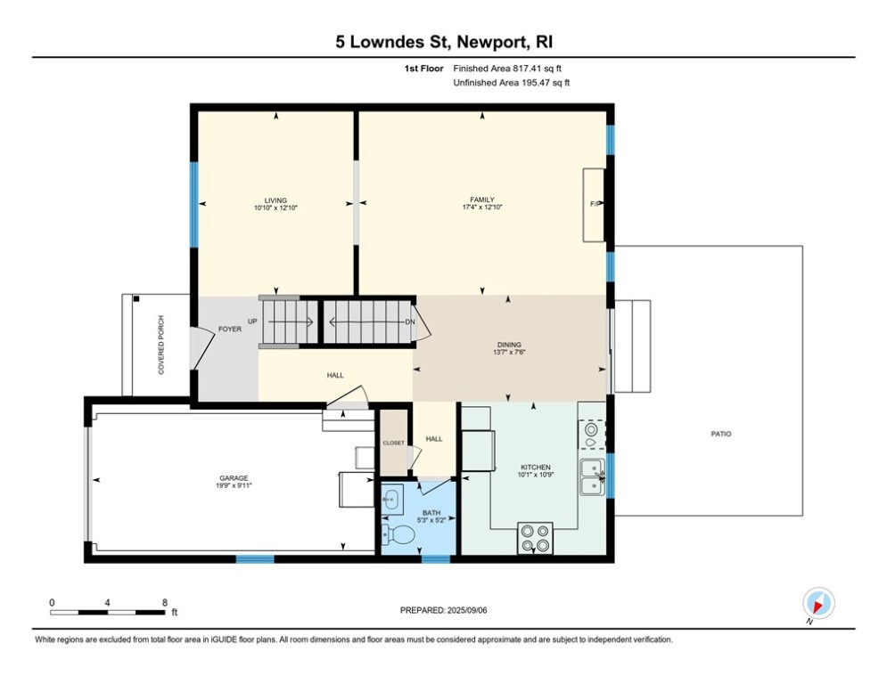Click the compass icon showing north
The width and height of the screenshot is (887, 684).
(x=817, y=603)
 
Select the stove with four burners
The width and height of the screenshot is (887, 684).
(x=536, y=538)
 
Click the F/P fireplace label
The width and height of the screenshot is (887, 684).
(x=595, y=205)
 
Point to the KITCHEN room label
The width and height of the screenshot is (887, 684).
(x=536, y=467)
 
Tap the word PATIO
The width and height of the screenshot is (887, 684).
(x=720, y=434)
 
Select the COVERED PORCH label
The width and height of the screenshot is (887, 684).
(x=161, y=345)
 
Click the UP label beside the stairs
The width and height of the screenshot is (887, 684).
(x=253, y=322)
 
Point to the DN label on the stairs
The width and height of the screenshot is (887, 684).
(x=409, y=322)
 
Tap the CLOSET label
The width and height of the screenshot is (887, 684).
(x=393, y=443)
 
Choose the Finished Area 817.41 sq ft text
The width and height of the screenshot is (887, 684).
(x=507, y=68)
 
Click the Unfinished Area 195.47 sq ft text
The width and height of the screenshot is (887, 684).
(x=511, y=83)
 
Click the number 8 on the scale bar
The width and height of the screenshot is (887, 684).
(x=164, y=602)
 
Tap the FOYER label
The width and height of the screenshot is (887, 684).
(x=230, y=330)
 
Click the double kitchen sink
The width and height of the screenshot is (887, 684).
(x=591, y=476)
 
